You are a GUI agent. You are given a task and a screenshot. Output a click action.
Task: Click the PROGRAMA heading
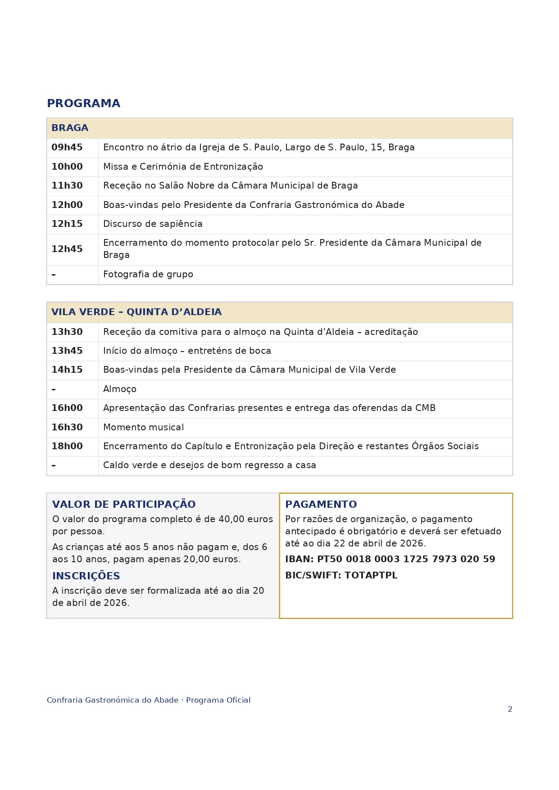pyautogui.click(x=83, y=104)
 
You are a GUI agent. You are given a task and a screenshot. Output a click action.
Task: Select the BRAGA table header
pyautogui.click(x=70, y=128)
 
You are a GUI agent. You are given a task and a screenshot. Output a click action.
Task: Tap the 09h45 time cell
pyautogui.click(x=67, y=148)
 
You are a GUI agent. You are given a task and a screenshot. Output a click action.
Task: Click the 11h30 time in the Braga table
pyautogui.click(x=67, y=186)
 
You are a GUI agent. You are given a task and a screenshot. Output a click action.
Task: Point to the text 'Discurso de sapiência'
pyautogui.click(x=153, y=224)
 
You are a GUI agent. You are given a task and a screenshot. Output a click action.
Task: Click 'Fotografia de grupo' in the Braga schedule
pyautogui.click(x=148, y=275)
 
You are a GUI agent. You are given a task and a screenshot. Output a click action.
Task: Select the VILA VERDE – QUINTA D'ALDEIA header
pyautogui.click(x=136, y=312)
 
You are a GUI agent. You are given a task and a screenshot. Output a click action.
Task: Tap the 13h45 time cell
pyautogui.click(x=67, y=351)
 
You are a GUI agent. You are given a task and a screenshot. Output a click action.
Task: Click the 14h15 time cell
pyautogui.click(x=67, y=370)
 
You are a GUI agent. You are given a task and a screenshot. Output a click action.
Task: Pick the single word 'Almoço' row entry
pyautogui.click(x=120, y=389)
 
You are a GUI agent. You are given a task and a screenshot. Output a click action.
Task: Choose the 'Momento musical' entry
pyautogui.click(x=143, y=428)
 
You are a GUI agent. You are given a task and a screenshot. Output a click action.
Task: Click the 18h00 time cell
pyautogui.click(x=67, y=447)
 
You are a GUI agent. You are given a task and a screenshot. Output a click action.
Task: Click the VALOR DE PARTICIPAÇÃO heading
pyautogui.click(x=124, y=505)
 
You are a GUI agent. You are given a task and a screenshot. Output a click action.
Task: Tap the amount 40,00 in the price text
pyautogui.click(x=232, y=519)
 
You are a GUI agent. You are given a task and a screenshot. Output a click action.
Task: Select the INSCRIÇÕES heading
pyautogui.click(x=86, y=576)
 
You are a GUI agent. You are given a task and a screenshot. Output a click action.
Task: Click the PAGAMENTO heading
pyautogui.click(x=321, y=505)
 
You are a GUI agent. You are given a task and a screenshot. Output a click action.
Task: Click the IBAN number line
pyautogui.click(x=390, y=560)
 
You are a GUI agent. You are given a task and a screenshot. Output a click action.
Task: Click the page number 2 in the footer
pyautogui.click(x=510, y=709)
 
